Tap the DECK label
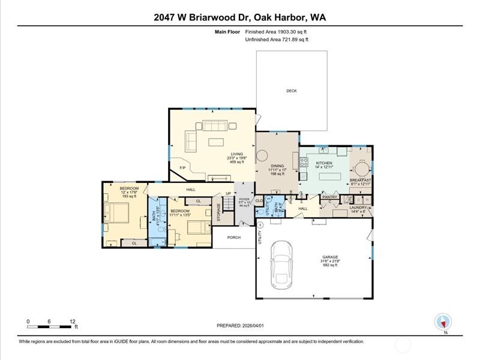pyautogui.click(x=291, y=91)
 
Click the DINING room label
pyautogui.click(x=277, y=166)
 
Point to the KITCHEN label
pyautogui.click(x=324, y=163)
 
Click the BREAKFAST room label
pyautogui.click(x=361, y=179)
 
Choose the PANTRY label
pyautogui.click(x=330, y=197)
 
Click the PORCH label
pyautogui.click(x=233, y=237)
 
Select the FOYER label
pyautogui.click(x=244, y=199)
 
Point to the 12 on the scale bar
pyautogui.click(x=73, y=321)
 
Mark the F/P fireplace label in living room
pyautogui.click(x=182, y=167)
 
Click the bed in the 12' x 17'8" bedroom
pyautogui.click(x=117, y=212)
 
